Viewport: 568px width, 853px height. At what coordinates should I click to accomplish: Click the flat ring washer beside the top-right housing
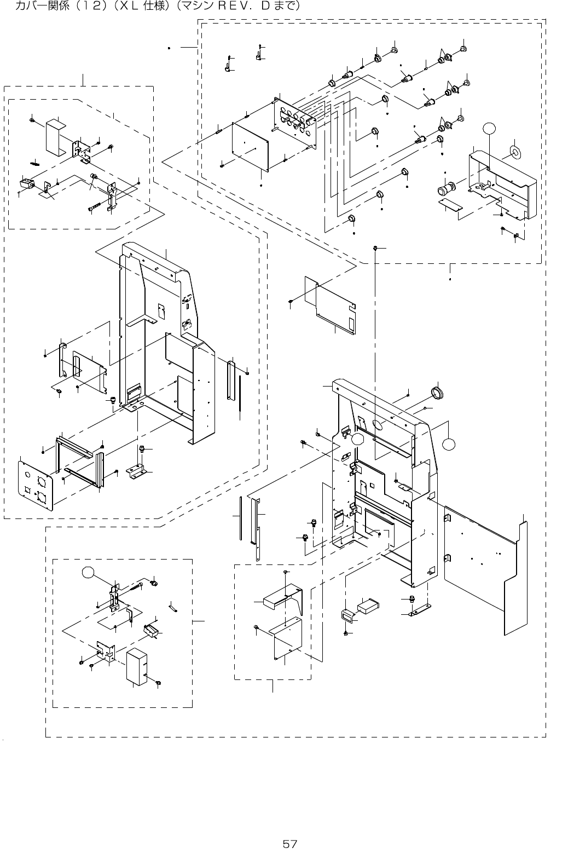pos(516,151)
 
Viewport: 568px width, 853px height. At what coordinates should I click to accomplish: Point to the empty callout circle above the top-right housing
pos(490,129)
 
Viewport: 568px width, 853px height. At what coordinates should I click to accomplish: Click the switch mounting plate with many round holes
pos(294,119)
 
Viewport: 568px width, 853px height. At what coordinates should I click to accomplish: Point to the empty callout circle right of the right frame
pos(449,445)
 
